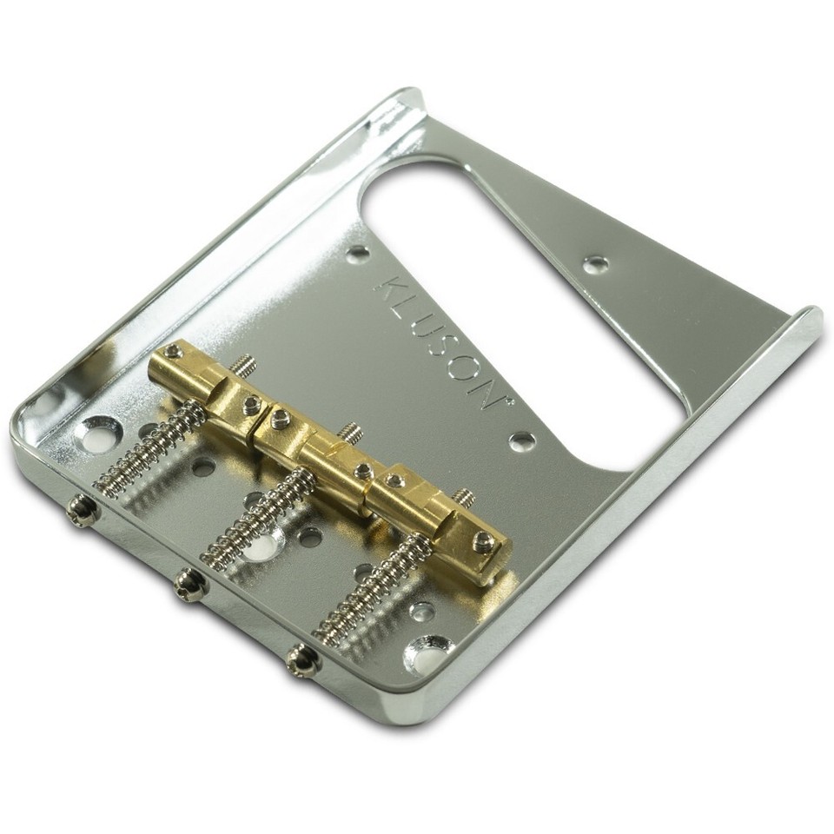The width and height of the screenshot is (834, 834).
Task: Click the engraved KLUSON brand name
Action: coord(435,342)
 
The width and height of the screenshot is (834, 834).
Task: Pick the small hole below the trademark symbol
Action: coord(520,440)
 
